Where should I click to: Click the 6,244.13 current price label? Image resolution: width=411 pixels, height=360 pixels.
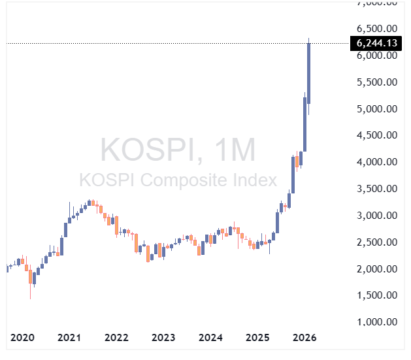(x=376, y=43)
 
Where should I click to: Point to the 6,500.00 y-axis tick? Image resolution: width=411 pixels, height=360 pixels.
(x=377, y=29)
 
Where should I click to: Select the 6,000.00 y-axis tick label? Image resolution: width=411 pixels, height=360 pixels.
(x=377, y=56)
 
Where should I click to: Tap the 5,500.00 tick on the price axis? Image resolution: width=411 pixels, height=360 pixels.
(x=377, y=82)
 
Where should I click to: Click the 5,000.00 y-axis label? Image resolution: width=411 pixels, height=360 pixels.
(x=377, y=109)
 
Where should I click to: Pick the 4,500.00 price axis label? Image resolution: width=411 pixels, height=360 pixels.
(x=377, y=135)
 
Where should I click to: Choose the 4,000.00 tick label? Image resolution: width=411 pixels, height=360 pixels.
(x=377, y=162)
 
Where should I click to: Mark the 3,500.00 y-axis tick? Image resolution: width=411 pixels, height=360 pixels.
(x=377, y=189)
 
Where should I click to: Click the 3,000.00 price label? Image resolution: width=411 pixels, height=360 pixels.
(x=377, y=216)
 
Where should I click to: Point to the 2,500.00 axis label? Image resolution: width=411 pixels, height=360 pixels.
(x=377, y=242)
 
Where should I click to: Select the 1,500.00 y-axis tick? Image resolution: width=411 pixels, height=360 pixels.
(x=377, y=295)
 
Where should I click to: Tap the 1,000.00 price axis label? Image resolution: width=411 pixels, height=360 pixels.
(x=377, y=322)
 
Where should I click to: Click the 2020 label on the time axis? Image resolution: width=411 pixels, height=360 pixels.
(x=23, y=338)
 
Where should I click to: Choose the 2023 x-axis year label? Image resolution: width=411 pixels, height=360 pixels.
(x=163, y=338)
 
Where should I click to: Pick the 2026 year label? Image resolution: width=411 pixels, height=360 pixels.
(x=304, y=338)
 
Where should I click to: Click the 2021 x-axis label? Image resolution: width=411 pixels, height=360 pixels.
(x=69, y=338)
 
